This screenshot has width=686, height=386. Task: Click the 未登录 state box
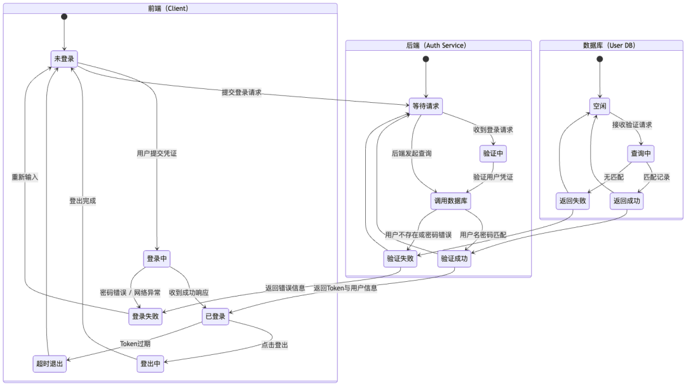pos(64,59)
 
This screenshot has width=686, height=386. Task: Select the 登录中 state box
pos(157,258)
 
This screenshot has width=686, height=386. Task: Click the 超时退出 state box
pos(49,364)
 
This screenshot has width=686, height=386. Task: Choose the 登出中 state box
pos(150,364)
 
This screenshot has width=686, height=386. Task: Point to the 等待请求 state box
pos(426,106)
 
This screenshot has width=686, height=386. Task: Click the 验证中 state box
pos(493,154)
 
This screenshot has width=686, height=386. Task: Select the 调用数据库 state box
pos(450,201)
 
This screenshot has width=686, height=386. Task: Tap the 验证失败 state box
pos(400,258)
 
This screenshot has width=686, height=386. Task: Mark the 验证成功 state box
pos(454,258)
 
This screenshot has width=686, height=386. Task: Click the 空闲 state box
pos(600,106)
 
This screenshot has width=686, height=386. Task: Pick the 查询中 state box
pos(641,154)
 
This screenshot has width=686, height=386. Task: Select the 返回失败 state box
pos(572,201)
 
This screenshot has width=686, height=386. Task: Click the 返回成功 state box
pos(626,201)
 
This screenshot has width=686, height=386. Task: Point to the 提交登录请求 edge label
pos(241,93)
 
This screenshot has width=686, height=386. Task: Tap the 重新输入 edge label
pos(25,177)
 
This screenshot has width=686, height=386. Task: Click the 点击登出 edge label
pos(274,345)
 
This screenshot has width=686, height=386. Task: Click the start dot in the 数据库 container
pos(600,59)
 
